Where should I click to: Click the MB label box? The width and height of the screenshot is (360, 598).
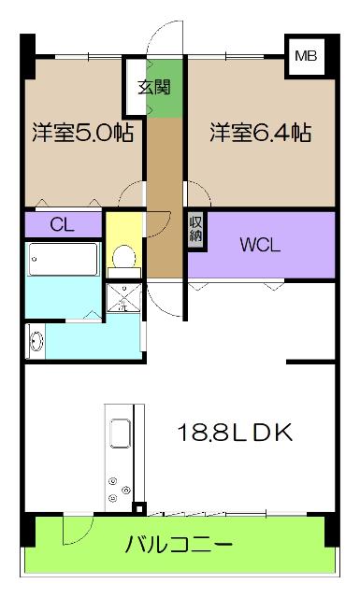306,56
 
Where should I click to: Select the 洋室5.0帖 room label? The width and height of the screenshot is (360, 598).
83,132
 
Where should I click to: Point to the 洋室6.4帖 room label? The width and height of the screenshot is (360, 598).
259,132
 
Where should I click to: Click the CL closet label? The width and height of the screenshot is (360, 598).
62,224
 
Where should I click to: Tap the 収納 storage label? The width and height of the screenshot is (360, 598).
196,229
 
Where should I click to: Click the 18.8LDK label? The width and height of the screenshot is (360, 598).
237,433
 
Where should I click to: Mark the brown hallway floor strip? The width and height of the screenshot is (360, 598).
165,196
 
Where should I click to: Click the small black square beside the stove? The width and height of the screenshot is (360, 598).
139,509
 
